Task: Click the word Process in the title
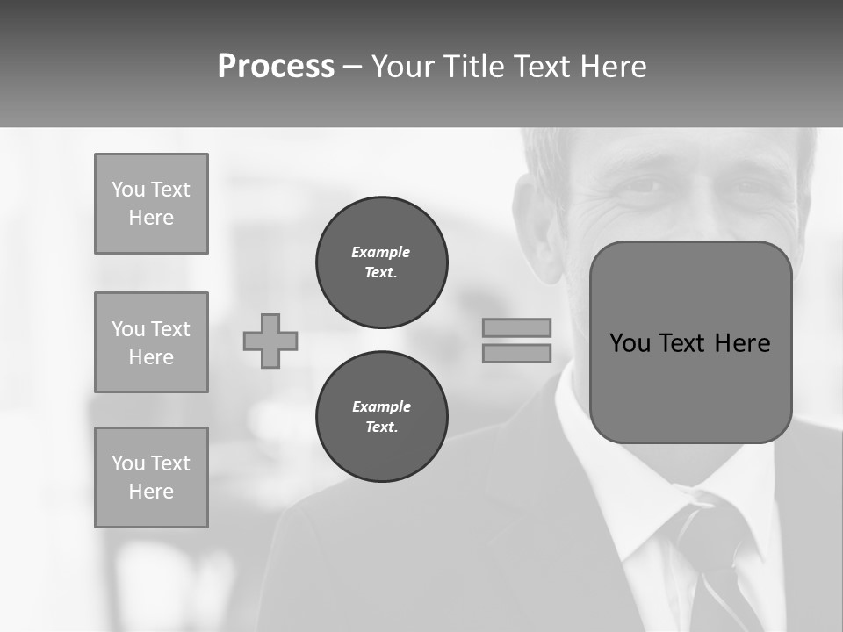(276, 67)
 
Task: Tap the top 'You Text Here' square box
(151, 204)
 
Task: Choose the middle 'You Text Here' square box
(151, 342)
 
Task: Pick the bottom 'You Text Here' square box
(151, 478)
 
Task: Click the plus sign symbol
(270, 341)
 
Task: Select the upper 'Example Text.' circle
(381, 262)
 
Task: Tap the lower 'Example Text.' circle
(381, 417)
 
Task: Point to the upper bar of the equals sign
(516, 327)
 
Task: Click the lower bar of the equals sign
(516, 353)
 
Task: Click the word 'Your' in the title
(403, 67)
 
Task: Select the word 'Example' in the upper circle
(380, 252)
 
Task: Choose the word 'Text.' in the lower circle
(381, 427)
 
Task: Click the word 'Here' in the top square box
(151, 218)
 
